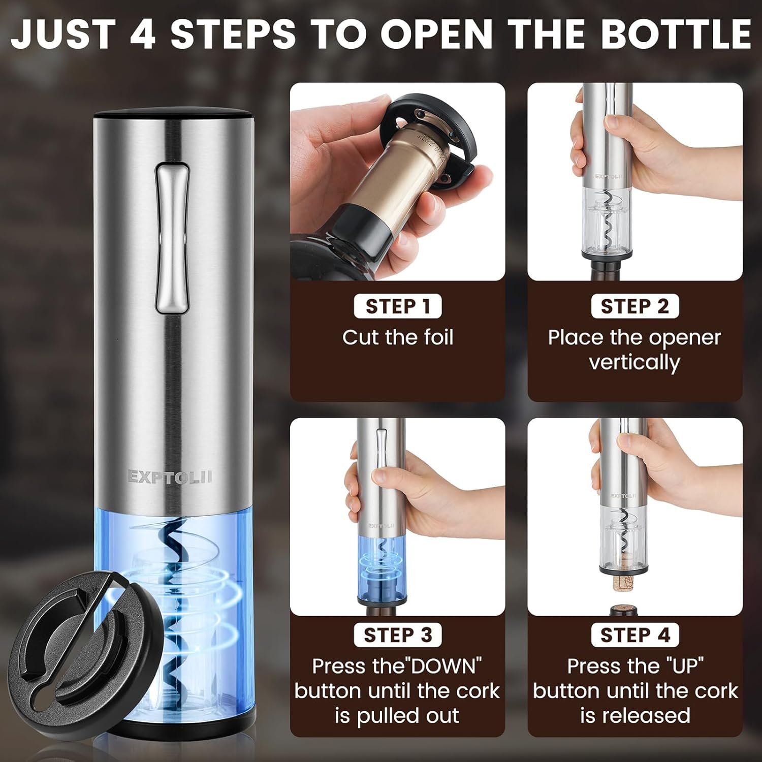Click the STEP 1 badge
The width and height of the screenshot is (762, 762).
click(x=398, y=306)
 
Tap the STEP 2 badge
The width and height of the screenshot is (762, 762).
click(x=635, y=306)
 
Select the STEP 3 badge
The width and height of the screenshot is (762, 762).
click(x=398, y=635)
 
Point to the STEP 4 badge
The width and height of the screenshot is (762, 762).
click(x=635, y=635)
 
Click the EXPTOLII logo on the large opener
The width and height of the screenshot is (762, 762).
click(x=169, y=477)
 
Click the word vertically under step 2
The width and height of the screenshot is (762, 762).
click(x=634, y=363)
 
